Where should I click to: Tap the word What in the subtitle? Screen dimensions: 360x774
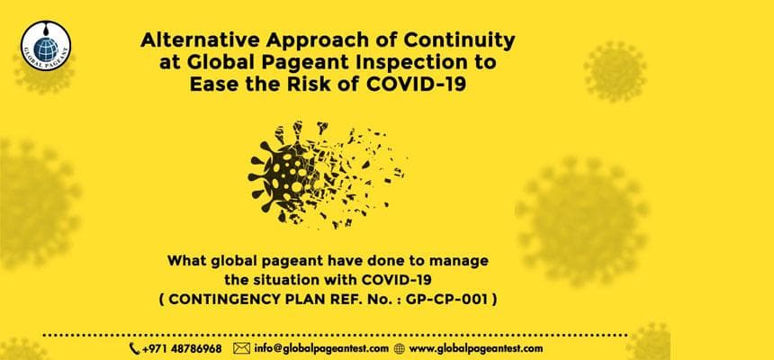[x=187, y=261]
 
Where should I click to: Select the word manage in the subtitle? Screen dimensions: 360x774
[x=458, y=261]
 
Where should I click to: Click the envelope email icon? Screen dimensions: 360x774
[x=240, y=347]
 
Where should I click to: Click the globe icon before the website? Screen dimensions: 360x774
[x=400, y=347]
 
